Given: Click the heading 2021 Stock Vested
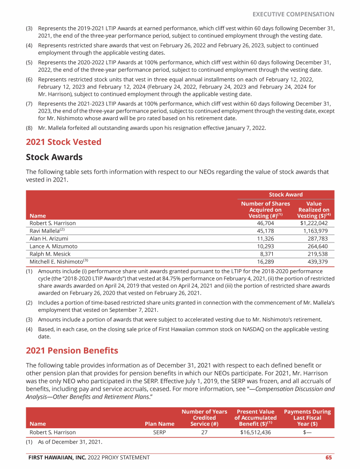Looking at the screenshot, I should click(x=63, y=142).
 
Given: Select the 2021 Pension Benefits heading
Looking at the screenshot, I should click(x=72, y=351).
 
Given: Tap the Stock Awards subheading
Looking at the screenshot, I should click(x=54, y=157).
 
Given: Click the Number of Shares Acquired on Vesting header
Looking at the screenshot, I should click(x=265, y=210).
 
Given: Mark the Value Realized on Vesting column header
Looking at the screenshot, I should click(x=314, y=210).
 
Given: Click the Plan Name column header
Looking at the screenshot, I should click(x=159, y=424).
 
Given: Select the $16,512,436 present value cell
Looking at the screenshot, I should click(x=255, y=432).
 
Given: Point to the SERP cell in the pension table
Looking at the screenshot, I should click(x=159, y=432).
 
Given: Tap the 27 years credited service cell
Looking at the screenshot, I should click(x=204, y=432).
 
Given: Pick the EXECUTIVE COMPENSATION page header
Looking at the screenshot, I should click(x=293, y=15).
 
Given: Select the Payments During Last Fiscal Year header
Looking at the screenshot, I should click(x=307, y=418).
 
